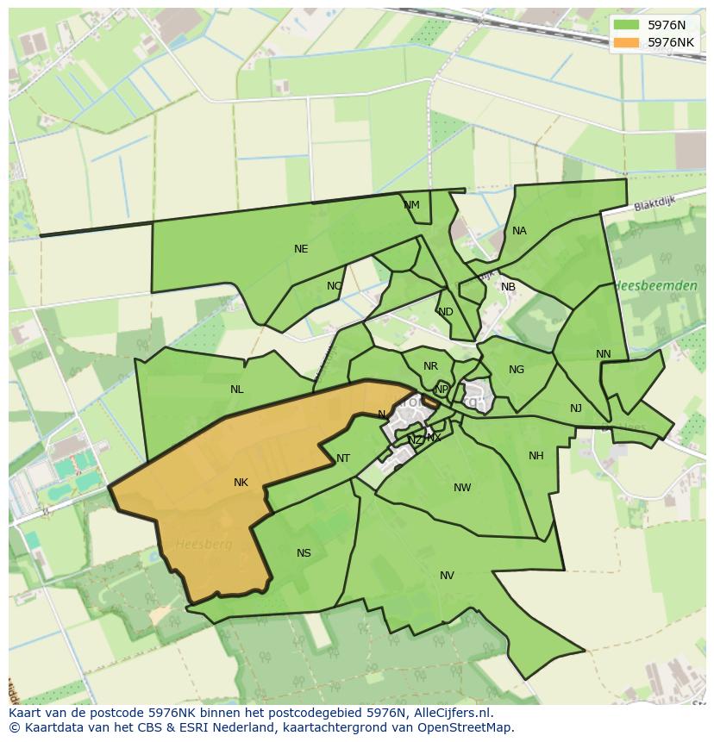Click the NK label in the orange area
(241, 483)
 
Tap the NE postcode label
(301, 249)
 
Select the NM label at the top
(411, 205)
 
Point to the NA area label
(519, 231)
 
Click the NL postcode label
(237, 390)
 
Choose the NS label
(304, 553)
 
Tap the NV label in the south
(447, 576)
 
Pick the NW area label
(462, 488)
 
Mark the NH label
(536, 456)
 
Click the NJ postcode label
(576, 408)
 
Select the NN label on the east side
(603, 354)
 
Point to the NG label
(517, 370)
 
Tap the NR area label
(430, 366)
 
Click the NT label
(343, 458)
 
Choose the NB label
(508, 287)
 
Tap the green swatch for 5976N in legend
(626, 25)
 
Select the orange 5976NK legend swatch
(626, 42)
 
